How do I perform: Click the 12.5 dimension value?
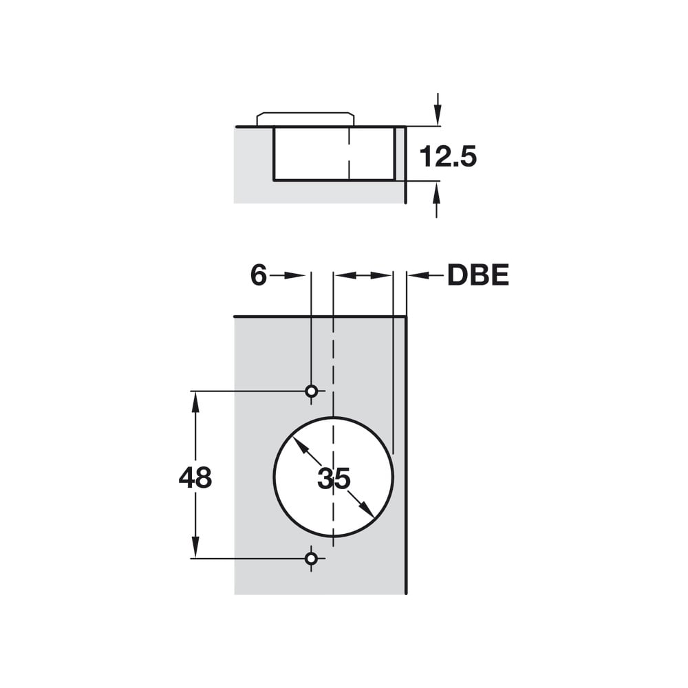(x=448, y=157)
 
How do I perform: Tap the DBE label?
(x=478, y=275)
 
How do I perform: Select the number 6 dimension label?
(x=259, y=275)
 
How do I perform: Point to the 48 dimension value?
(x=195, y=477)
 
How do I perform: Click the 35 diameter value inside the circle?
(x=334, y=478)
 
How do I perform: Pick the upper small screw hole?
(x=311, y=391)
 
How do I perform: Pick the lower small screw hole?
(x=311, y=559)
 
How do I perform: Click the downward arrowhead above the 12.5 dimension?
(x=437, y=116)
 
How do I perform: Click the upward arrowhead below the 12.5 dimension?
(x=437, y=191)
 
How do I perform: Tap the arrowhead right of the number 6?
(x=295, y=276)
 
